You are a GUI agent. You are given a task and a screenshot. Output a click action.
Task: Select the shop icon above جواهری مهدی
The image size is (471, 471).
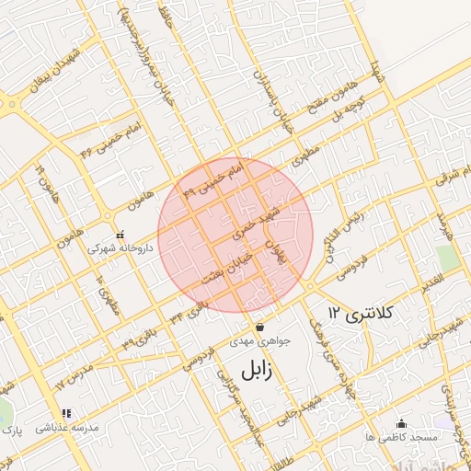259,327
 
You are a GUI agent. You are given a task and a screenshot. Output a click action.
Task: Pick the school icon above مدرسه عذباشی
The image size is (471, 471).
65,415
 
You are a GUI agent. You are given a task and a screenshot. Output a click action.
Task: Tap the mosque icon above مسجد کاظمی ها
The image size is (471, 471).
400,423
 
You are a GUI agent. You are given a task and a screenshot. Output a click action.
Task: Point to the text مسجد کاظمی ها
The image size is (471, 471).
399,438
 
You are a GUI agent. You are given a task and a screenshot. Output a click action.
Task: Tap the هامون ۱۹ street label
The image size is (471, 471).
45,184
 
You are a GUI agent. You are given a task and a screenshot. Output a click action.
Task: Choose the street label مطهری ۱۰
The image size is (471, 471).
107,294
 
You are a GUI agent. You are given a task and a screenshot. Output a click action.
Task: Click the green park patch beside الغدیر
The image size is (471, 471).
448,258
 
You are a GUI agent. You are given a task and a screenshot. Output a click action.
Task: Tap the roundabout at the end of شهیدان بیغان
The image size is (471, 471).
12,104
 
